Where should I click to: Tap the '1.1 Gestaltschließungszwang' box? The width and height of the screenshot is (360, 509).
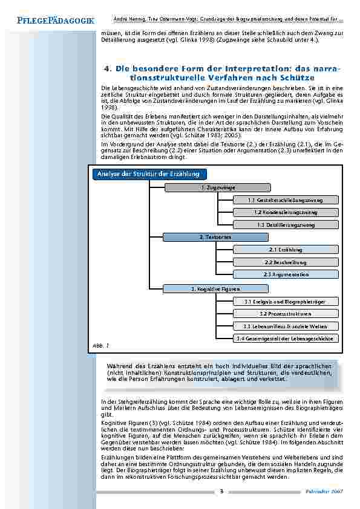(x=286, y=200)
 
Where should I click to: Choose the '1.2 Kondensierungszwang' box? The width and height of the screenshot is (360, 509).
(x=286, y=212)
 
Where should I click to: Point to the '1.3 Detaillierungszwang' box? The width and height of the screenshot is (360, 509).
(x=286, y=225)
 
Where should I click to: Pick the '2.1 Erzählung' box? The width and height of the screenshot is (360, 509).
(x=286, y=250)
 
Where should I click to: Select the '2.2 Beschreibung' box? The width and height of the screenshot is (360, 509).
(x=286, y=262)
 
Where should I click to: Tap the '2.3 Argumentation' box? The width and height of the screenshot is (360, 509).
(x=286, y=274)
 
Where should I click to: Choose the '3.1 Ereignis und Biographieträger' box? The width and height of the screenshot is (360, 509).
(x=286, y=301)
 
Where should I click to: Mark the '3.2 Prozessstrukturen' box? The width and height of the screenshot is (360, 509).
(x=286, y=314)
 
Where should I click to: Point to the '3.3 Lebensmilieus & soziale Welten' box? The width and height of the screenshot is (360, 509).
(x=286, y=326)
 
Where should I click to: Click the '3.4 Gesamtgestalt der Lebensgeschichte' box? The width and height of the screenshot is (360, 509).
(x=286, y=339)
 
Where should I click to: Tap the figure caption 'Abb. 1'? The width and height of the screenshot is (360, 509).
(x=100, y=344)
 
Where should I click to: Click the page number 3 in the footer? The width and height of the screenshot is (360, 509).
(x=221, y=491)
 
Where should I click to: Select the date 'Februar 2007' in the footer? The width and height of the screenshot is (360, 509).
(x=327, y=491)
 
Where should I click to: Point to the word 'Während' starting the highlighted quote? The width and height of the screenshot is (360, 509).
(x=119, y=367)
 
